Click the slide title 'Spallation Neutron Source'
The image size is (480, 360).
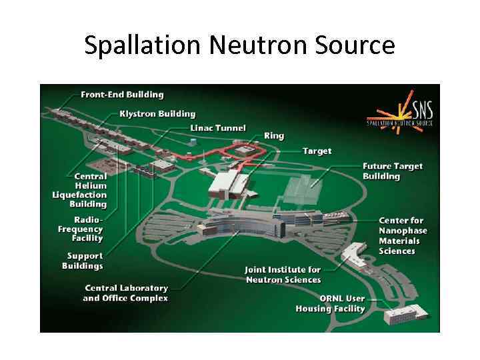click(240, 45)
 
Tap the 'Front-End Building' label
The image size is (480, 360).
click(122, 95)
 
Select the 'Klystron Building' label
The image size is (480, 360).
click(157, 114)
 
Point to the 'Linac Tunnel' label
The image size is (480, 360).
click(218, 128)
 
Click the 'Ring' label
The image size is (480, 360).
click(273, 136)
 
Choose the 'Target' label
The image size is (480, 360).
click(317, 151)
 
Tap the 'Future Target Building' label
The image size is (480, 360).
click(393, 171)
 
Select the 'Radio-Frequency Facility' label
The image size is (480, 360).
click(81, 229)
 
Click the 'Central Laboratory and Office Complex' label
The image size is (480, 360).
click(125, 293)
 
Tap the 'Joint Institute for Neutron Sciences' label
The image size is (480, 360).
click(283, 275)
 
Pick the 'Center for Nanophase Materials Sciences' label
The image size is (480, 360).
click(403, 235)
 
